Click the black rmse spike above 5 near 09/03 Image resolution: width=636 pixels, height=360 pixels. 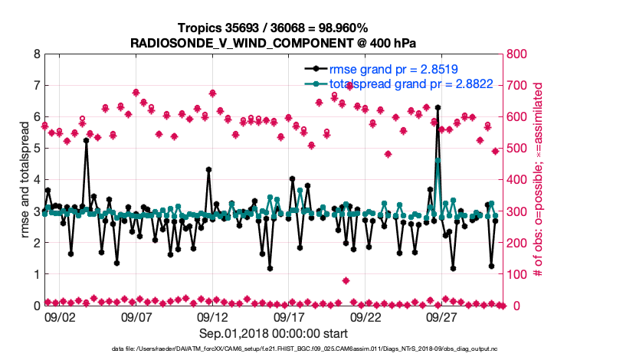[x=86, y=141]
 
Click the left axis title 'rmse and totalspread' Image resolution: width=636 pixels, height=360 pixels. [x=24, y=180]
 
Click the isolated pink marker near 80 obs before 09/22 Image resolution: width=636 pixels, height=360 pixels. [x=346, y=280]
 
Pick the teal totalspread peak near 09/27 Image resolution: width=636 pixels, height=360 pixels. [x=438, y=161]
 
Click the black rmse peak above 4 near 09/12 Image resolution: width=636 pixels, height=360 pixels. [x=208, y=170]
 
